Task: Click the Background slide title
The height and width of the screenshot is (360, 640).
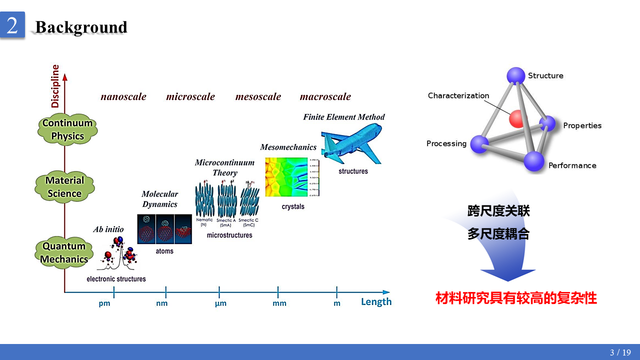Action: [81, 27]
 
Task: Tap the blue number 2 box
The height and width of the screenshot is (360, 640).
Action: [12, 25]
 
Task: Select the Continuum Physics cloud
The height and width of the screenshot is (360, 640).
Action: [67, 129]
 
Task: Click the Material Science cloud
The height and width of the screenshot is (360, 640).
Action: [64, 187]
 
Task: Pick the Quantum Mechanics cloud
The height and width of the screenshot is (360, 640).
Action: [64, 252]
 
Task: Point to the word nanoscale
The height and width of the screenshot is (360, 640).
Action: [123, 96]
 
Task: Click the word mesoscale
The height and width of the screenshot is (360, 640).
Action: [258, 96]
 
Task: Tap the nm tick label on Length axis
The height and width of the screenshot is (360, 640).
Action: [162, 303]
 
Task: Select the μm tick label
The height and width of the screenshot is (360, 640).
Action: [220, 303]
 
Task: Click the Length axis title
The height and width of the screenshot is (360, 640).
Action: [376, 302]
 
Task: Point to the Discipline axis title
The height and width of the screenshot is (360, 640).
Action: [55, 86]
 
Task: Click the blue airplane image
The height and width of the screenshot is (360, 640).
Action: [351, 144]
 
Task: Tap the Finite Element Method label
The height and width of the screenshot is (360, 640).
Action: [344, 117]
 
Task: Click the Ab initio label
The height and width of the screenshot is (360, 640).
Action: [108, 229]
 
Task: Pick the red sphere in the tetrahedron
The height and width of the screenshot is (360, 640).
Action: [518, 118]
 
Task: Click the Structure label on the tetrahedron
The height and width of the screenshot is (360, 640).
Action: [545, 75]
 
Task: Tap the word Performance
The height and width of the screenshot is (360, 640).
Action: [572, 165]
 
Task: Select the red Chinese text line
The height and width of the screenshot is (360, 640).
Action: [516, 298]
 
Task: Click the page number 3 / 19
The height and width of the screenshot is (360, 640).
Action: [620, 352]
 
